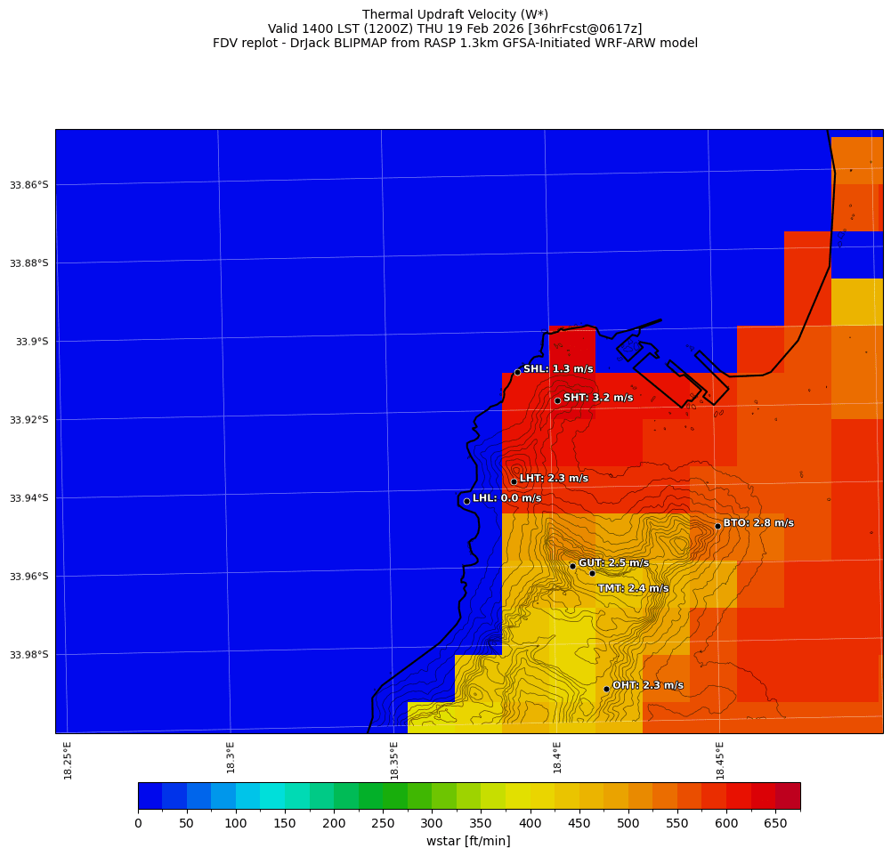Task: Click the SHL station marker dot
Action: (517, 372)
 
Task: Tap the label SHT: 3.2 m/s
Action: (598, 398)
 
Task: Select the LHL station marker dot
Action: (466, 501)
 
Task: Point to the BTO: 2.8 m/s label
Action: (758, 523)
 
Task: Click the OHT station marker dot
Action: (606, 689)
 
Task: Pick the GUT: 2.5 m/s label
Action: (613, 563)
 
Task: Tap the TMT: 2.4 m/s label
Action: (633, 588)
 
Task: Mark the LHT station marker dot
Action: (514, 481)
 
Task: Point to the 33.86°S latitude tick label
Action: (29, 185)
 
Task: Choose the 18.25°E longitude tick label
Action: (68, 760)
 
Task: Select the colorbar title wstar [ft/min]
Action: (468, 841)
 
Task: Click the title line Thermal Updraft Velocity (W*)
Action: (455, 14)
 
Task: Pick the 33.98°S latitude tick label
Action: (29, 655)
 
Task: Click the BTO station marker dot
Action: (717, 526)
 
